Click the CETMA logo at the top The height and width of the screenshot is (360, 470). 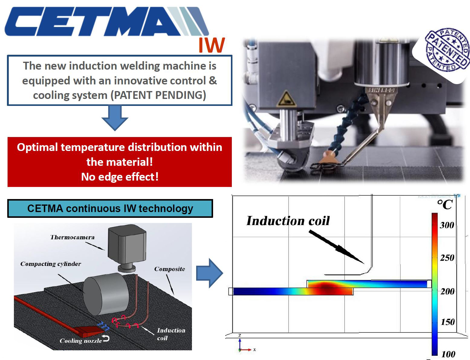tap(106, 22)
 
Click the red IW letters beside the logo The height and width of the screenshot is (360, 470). tap(212, 45)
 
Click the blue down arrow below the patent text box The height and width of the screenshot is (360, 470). tap(115, 118)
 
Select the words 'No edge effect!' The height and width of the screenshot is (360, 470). tap(120, 177)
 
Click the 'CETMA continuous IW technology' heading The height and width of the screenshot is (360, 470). tap(110, 208)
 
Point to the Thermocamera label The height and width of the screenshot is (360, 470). tap(72, 237)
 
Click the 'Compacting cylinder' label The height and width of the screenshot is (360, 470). tap(51, 264)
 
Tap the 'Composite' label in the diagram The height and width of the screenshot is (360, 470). tap(170, 269)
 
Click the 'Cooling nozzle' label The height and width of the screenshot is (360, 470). tap(81, 341)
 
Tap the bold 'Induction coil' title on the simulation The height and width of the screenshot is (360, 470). tap(288, 221)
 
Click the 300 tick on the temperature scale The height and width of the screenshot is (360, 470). tap(447, 225)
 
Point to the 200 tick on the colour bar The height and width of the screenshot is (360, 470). tap(447, 291)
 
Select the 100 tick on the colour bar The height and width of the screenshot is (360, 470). tap(448, 354)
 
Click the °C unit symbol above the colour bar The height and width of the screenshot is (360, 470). tap(445, 205)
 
